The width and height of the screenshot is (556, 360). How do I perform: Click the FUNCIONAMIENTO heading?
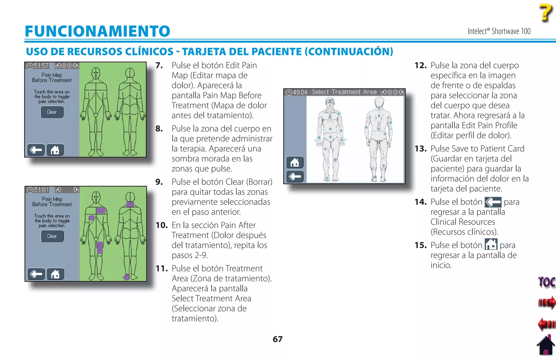(x=97, y=31)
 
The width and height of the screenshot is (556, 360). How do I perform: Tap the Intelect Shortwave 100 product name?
(x=499, y=31)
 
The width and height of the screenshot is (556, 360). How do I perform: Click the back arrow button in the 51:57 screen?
(x=36, y=150)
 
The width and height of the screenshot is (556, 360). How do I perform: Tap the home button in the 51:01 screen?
(x=55, y=274)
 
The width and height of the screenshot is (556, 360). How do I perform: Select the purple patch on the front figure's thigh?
(x=100, y=248)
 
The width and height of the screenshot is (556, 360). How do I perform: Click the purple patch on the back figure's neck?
(x=130, y=204)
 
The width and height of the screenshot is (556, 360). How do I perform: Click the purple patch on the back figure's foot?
(x=127, y=277)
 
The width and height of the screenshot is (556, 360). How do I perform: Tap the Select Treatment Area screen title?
(x=344, y=92)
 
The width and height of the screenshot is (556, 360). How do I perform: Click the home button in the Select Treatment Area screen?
(x=295, y=162)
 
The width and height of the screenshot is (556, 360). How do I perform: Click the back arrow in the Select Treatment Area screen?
(x=295, y=177)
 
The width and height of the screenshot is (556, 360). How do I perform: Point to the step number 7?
(x=159, y=65)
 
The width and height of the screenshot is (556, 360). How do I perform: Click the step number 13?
(x=420, y=149)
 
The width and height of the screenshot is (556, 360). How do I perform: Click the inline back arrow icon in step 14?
(x=493, y=202)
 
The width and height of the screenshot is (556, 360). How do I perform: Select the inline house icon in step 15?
(x=491, y=244)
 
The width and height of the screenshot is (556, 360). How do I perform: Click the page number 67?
(x=277, y=339)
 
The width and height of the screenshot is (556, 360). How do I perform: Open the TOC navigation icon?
(x=546, y=282)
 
